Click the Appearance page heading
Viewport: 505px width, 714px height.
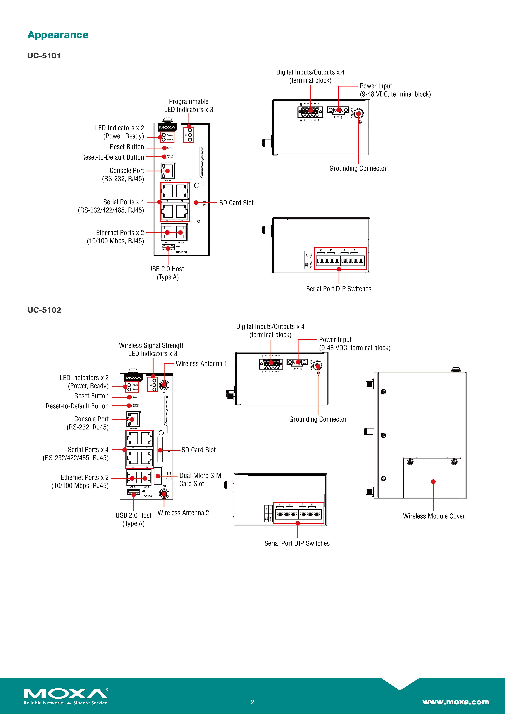pyautogui.click(x=58, y=35)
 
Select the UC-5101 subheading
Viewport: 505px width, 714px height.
pyautogui.click(x=44, y=56)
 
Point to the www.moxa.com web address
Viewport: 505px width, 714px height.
pyautogui.click(x=456, y=702)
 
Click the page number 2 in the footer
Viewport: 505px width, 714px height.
pyautogui.click(x=252, y=702)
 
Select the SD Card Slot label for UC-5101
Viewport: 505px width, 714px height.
pyautogui.click(x=236, y=203)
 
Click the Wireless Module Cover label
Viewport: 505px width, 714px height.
pyautogui.click(x=434, y=516)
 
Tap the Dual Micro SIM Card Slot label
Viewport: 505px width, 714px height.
pyautogui.click(x=200, y=480)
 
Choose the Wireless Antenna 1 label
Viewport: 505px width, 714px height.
pyautogui.click(x=201, y=364)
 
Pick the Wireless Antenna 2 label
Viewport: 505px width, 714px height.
pyautogui.click(x=183, y=513)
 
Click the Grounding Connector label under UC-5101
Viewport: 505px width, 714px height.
pyautogui.click(x=358, y=169)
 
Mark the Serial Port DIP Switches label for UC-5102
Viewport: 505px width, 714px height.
pyautogui.click(x=297, y=543)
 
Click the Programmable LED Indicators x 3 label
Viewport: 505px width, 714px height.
pyautogui.click(x=189, y=105)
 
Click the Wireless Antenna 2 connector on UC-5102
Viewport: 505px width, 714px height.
pyautogui.click(x=164, y=494)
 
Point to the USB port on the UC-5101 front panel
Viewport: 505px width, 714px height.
pyautogui.click(x=168, y=248)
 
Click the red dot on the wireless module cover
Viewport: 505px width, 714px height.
pyautogui.click(x=433, y=482)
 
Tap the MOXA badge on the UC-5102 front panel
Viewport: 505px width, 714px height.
pyautogui.click(x=133, y=377)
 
